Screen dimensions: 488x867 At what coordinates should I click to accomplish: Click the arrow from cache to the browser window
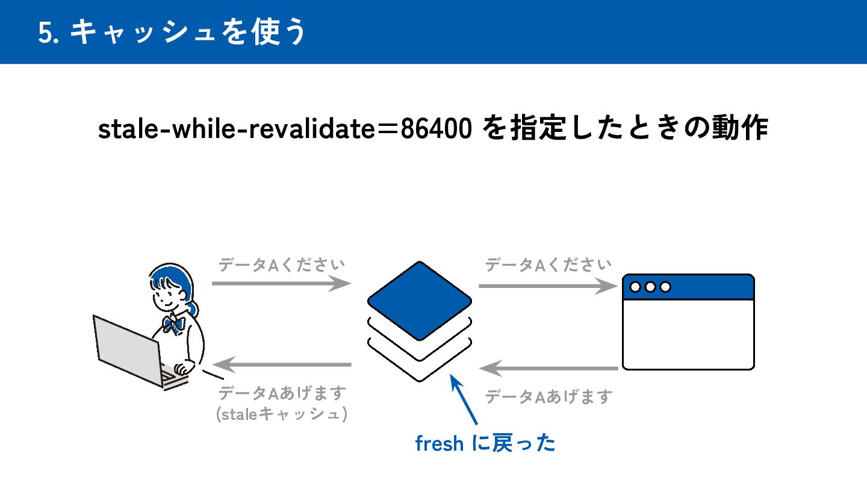[548, 286]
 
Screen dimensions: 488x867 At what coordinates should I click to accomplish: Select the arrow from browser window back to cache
[548, 368]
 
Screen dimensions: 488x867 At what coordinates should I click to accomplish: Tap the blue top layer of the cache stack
[420, 299]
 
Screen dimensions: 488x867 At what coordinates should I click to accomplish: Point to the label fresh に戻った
[485, 444]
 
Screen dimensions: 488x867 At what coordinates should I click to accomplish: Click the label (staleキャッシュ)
[282, 414]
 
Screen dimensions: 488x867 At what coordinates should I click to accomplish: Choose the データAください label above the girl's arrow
[281, 265]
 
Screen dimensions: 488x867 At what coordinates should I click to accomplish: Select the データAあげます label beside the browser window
[548, 396]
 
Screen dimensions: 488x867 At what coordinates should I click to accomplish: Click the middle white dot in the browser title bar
[650, 287]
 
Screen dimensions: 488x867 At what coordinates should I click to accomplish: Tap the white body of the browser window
[688, 334]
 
